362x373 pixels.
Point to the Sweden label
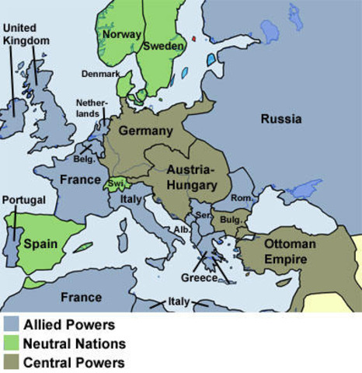click(x=164, y=46)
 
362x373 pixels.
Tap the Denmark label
click(x=101, y=74)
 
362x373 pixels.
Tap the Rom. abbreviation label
click(x=242, y=199)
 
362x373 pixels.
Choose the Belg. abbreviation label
click(x=84, y=159)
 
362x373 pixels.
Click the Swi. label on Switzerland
click(x=114, y=183)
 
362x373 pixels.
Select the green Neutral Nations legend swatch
click(x=11, y=343)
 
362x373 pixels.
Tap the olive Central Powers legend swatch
click(x=11, y=361)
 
